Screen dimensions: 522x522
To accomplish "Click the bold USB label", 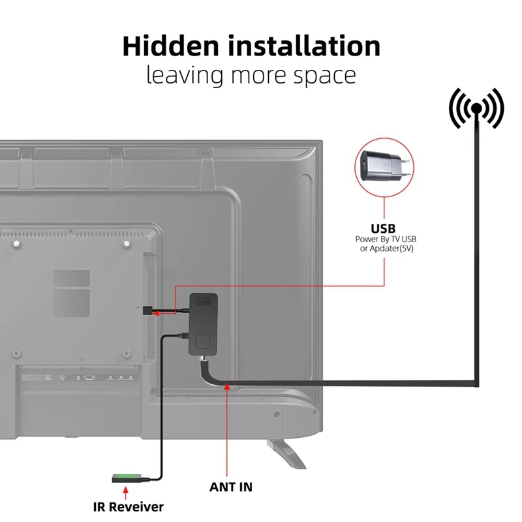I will coord(383,228).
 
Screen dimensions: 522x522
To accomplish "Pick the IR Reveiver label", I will coord(127,506).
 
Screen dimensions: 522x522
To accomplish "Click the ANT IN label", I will coord(231,487).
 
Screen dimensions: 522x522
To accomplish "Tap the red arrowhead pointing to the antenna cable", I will coord(226,389).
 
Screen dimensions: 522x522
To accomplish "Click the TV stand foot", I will coord(285,452).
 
